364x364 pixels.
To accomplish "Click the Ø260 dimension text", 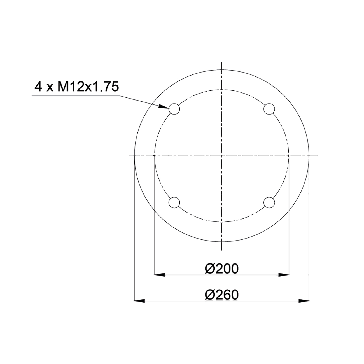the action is click(222, 295).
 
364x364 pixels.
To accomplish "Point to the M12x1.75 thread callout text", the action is click(88, 87).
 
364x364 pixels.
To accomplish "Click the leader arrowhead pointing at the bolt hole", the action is click(164, 107).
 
